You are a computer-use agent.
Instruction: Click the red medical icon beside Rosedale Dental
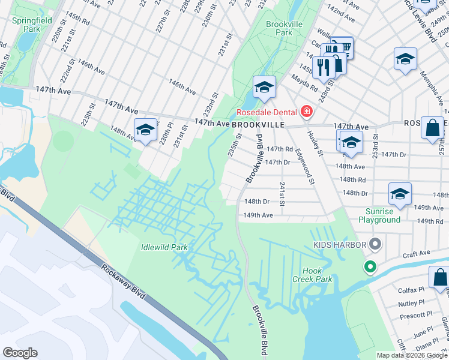coord(307,111)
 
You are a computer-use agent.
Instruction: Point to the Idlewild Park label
coord(164,247)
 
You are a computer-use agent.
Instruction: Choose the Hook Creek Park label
coord(318,275)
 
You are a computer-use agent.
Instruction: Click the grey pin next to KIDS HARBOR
coord(376,244)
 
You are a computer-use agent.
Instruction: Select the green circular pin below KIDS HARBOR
coord(370,266)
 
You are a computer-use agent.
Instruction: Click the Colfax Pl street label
coord(411,290)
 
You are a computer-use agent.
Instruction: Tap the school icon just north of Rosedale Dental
coord(264,88)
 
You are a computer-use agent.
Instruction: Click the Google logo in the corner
coord(20,353)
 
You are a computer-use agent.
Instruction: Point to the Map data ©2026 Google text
coord(412,355)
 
